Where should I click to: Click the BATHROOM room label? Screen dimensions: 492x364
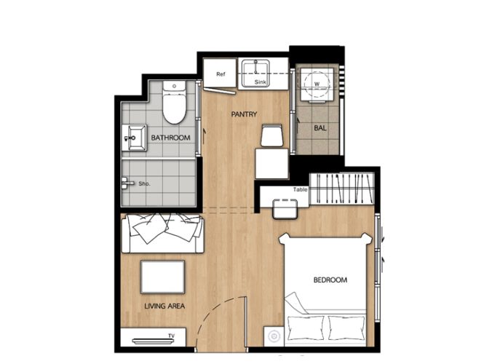[x=170, y=138]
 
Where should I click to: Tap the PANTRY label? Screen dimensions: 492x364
[x=244, y=114]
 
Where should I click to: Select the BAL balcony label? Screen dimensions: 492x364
[x=320, y=127]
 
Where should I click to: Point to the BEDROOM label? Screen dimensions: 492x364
[x=330, y=280]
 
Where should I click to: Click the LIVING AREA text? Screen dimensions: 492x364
[x=164, y=306]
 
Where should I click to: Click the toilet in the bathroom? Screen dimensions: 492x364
[x=175, y=103]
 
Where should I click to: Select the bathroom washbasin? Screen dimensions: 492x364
[x=134, y=138]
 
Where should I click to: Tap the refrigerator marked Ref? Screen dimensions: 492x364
[x=220, y=74]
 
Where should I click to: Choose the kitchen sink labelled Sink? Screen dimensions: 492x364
[x=255, y=74]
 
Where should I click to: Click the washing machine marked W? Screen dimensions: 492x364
[x=317, y=84]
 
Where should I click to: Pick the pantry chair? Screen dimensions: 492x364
[x=271, y=135]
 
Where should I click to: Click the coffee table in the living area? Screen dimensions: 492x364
[x=162, y=277]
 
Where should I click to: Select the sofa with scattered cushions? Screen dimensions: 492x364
[x=162, y=233]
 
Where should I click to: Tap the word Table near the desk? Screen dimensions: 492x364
[x=301, y=189]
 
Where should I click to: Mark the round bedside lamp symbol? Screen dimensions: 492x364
[x=274, y=336]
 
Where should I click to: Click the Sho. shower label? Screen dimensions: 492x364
[x=144, y=184]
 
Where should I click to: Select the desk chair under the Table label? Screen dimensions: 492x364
[x=285, y=208]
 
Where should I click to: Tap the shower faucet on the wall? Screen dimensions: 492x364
[x=127, y=183]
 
